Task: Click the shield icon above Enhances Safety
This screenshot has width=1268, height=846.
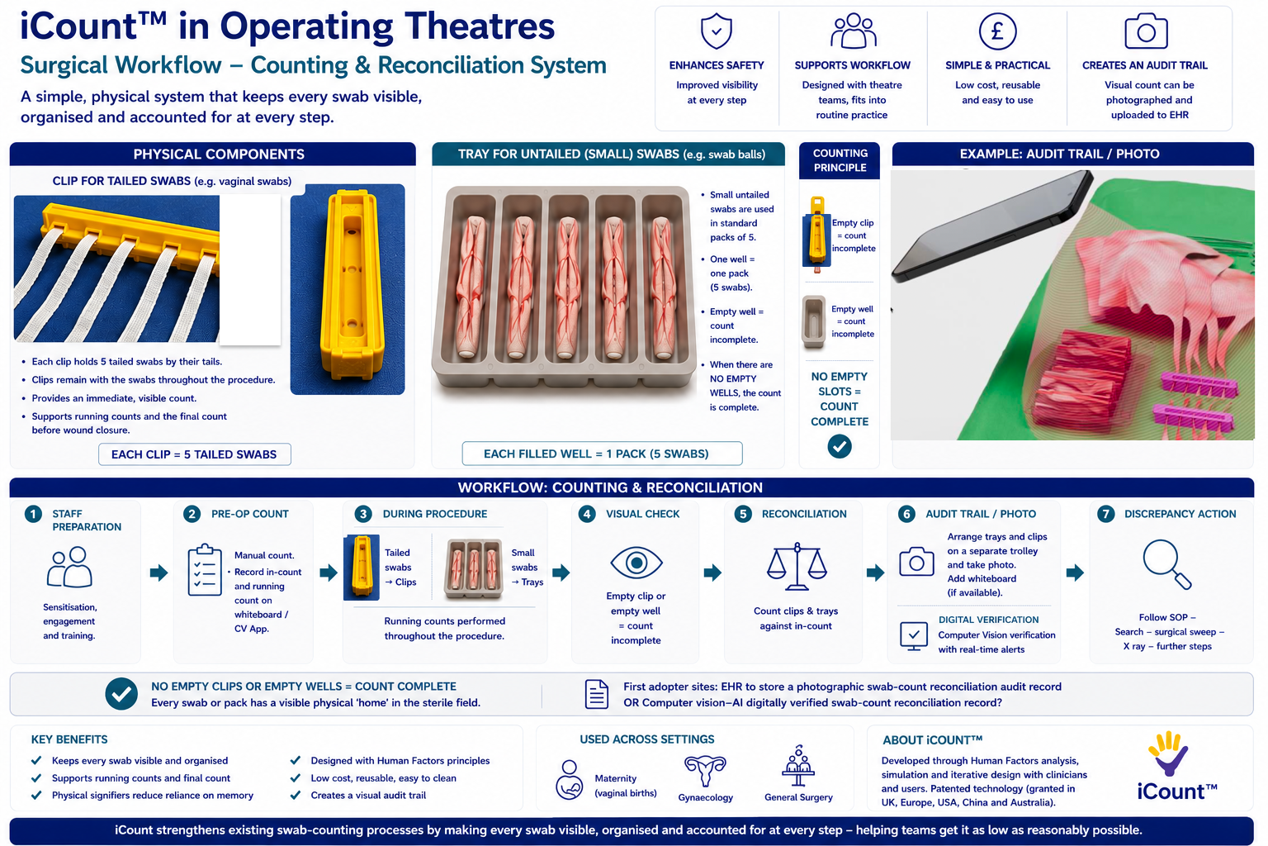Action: pos(716,31)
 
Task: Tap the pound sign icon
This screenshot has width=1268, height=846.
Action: pos(997,31)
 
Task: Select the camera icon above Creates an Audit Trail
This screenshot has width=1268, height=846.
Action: pos(1146,31)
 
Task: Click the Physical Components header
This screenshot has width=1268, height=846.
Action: pos(219,154)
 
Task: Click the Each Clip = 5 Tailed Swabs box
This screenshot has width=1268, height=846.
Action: pos(195,454)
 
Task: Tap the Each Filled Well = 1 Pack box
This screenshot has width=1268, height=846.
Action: pos(603,454)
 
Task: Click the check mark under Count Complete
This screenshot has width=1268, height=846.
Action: pos(840,446)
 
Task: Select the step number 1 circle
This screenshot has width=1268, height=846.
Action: pos(33,514)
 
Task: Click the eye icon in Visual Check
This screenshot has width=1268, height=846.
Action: pos(636,563)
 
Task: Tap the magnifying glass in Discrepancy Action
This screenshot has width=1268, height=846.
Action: pos(1167,564)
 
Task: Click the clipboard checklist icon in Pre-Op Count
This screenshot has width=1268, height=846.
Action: pos(205,570)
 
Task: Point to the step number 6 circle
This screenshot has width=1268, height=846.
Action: pos(907,514)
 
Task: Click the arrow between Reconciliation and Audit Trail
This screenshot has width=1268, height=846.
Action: pos(875,573)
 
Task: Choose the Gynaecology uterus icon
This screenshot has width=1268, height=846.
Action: pos(705,771)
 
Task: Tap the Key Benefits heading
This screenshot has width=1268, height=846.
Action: pos(69,739)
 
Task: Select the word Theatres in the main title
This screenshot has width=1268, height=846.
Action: pos(480,26)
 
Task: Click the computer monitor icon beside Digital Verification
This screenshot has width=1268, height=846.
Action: pos(914,636)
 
